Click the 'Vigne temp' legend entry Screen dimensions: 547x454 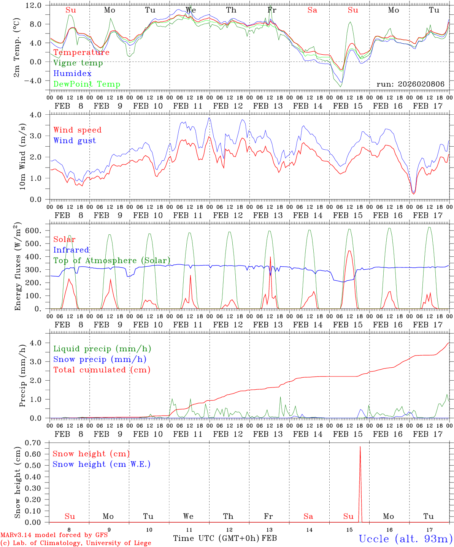[x=78, y=63]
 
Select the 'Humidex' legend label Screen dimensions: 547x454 [x=72, y=74]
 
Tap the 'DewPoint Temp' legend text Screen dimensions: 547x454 [x=87, y=84]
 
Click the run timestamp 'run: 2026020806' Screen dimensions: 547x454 [x=410, y=84]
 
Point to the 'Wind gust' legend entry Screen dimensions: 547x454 [x=75, y=141]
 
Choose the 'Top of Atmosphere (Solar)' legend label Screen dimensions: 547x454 [x=112, y=261]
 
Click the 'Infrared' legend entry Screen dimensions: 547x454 [x=71, y=250]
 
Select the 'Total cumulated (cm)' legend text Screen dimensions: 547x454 [x=102, y=370]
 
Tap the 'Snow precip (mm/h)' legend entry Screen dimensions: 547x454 [x=100, y=359]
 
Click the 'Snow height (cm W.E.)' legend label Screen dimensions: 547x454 [x=102, y=464]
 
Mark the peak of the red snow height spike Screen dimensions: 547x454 [x=360, y=447]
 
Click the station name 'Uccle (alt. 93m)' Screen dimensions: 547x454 [x=405, y=539]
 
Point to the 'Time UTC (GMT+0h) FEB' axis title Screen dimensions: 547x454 [x=225, y=538]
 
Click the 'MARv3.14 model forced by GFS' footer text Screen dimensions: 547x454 [x=54, y=535]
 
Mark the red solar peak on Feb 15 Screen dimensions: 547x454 [x=349, y=251]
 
